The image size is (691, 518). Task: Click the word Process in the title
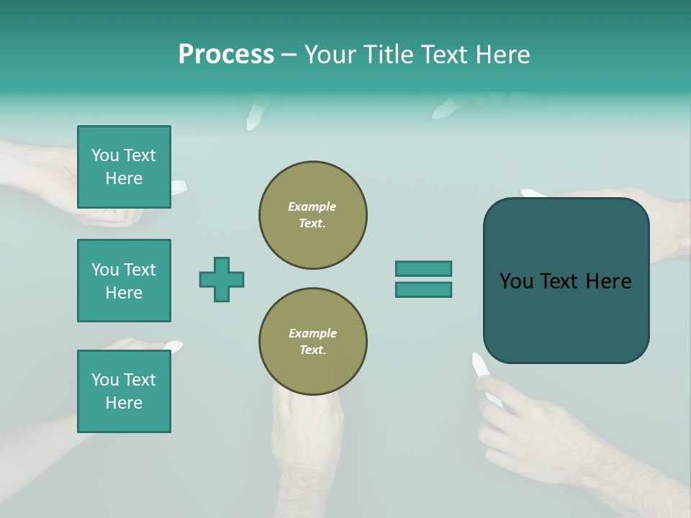point(226,55)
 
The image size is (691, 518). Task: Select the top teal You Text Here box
point(124,167)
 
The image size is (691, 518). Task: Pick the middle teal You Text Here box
point(124,281)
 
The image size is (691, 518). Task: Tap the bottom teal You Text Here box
point(124,391)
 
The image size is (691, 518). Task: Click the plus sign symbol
point(222,279)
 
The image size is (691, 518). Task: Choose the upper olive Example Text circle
point(313,215)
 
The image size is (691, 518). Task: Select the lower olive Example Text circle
point(313,342)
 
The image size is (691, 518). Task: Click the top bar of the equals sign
point(423,268)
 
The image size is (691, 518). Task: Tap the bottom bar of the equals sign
point(423,290)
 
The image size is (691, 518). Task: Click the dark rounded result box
point(566,317)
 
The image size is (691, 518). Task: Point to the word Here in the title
point(501,55)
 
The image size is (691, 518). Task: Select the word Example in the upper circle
point(312,206)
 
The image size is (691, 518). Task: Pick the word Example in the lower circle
point(312,333)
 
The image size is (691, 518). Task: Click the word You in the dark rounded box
point(516,281)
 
